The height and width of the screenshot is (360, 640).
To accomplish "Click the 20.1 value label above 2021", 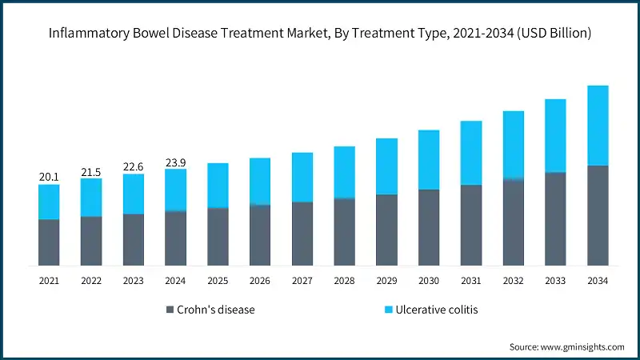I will point(49,177).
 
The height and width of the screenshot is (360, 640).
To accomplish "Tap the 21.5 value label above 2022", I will point(91,171).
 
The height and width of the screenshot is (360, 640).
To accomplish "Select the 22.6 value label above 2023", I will point(134,166).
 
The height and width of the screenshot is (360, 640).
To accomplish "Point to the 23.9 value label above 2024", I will point(175,162).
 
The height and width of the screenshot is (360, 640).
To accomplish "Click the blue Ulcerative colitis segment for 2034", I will point(598,126).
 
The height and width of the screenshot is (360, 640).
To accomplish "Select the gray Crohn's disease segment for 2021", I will point(49,242).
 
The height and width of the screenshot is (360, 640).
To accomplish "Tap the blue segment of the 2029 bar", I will point(386,166).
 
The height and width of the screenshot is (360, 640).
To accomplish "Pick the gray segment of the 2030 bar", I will point(429,227).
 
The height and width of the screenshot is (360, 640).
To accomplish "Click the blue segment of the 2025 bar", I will point(218,186).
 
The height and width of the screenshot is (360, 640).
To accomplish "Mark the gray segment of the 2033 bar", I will point(555,218).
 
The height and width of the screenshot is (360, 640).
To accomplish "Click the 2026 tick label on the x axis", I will point(260,281).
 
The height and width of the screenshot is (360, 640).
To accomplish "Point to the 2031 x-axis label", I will point(471,281).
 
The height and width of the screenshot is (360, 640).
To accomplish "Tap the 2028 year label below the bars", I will point(344,281).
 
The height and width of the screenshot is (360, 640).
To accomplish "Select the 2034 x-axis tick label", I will point(598,281).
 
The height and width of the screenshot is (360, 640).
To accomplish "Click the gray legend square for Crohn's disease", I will point(170,310).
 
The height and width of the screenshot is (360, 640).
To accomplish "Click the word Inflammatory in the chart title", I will point(84,34).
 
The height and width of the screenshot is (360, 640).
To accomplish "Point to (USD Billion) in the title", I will point(552,34).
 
